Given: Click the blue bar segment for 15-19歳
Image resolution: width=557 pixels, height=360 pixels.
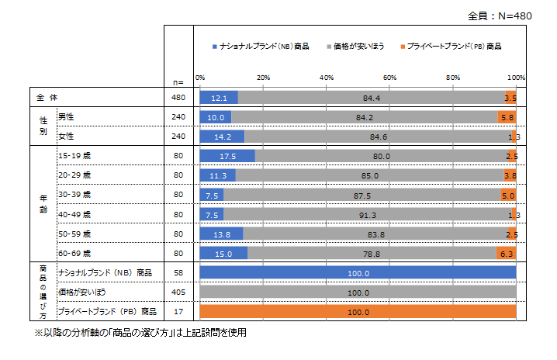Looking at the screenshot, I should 227,155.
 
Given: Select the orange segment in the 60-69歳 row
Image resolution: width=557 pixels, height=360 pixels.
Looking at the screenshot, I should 506,253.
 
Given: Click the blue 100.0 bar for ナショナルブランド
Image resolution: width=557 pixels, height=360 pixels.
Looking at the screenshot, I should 358,273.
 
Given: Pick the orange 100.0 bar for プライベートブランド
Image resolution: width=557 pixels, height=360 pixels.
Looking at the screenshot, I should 358,312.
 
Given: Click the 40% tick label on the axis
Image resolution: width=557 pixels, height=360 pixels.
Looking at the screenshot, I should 327,78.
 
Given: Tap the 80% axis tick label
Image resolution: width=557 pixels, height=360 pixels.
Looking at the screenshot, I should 453,78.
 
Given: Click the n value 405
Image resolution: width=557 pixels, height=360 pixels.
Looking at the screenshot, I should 178,292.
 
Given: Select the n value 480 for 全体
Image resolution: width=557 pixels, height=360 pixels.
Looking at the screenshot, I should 178,98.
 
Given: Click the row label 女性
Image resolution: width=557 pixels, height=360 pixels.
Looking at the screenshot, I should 67,137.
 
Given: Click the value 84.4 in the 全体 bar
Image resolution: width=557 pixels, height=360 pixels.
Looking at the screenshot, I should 371,98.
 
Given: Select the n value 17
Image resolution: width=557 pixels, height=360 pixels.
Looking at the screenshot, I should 178,312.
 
